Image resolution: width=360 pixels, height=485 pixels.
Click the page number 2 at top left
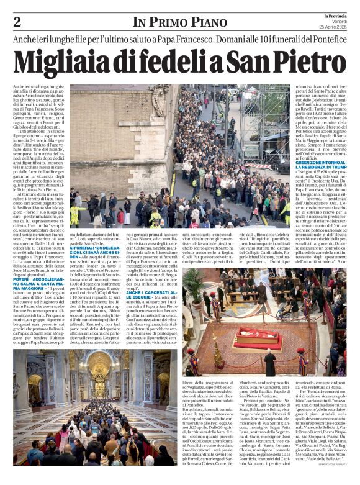pyautogui.click(x=17, y=22)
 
